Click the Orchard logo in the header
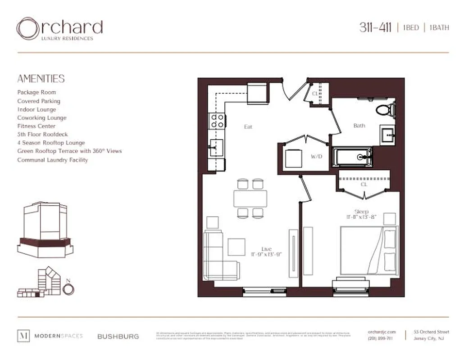[x=59, y=29]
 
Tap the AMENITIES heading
[x=41, y=79]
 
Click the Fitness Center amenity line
[x=36, y=126]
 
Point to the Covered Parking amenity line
[x=39, y=101]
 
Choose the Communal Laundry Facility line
[x=53, y=160]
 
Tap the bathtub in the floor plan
[x=353, y=157]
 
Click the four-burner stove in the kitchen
[x=217, y=120]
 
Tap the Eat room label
[x=248, y=127]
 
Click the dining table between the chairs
[x=250, y=198]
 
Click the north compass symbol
[x=68, y=289]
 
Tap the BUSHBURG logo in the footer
[x=118, y=336]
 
